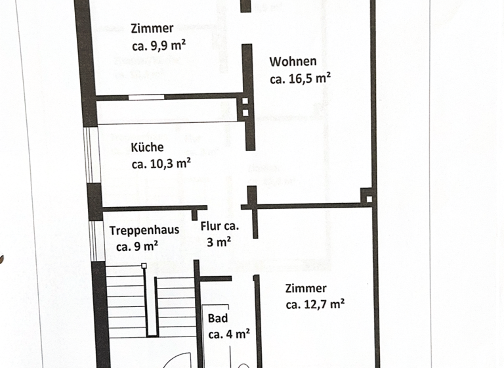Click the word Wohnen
click(293, 62)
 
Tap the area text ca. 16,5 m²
click(300, 79)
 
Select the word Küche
click(147, 148)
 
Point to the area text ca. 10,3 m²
click(161, 164)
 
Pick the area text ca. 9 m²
click(136, 247)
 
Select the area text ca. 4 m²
click(228, 334)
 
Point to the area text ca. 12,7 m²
click(315, 304)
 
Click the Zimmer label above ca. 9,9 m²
click(152, 29)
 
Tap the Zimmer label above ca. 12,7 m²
click(306, 288)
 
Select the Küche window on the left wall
click(92, 154)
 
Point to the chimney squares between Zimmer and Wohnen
click(245, 107)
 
